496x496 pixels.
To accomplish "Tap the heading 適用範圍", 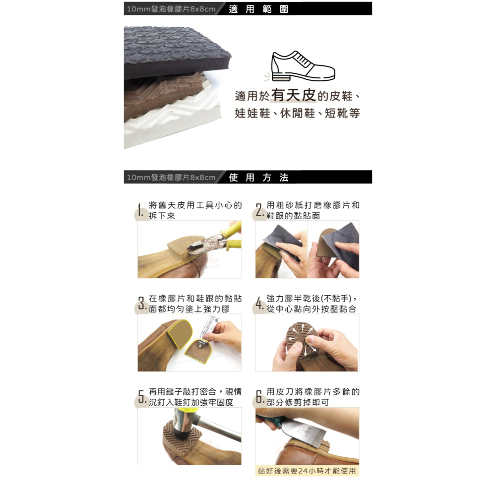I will pyautogui.click(x=258, y=9).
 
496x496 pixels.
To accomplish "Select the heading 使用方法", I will pyautogui.click(x=258, y=178).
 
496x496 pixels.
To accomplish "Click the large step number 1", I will pyautogui.click(x=141, y=212).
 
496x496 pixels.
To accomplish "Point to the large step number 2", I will pyautogui.click(x=259, y=212).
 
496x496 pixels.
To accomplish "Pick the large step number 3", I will pyautogui.click(x=141, y=304).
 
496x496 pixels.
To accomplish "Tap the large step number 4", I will pyautogui.click(x=259, y=304).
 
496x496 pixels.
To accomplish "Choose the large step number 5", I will pyautogui.click(x=141, y=397).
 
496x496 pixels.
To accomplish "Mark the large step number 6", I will pyautogui.click(x=259, y=397).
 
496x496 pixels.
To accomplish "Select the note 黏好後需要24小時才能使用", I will pyautogui.click(x=307, y=471).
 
